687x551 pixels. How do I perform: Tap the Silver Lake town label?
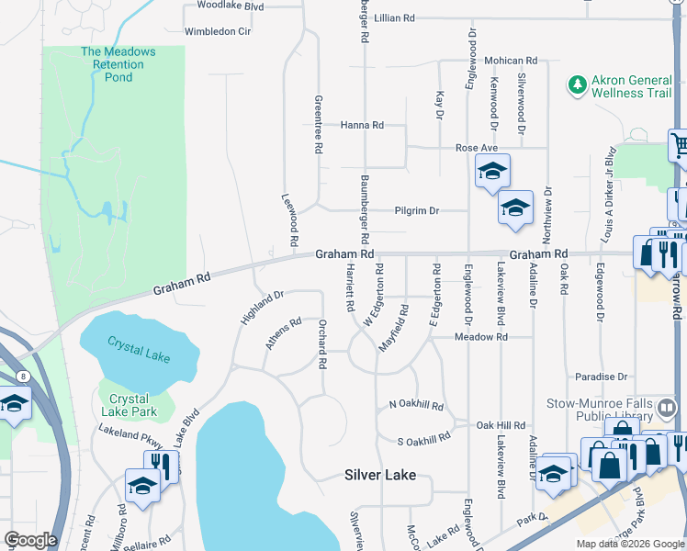[x=380, y=475]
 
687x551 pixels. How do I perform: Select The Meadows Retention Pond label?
[x=118, y=64]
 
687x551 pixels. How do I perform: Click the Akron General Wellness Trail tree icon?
[x=578, y=85]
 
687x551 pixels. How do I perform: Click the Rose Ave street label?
[x=476, y=148]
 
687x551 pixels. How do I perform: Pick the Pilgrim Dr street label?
[x=416, y=210]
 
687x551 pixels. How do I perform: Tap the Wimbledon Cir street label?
[x=218, y=31]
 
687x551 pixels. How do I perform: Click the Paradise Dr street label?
[x=601, y=377]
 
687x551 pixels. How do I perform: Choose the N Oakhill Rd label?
[x=416, y=404]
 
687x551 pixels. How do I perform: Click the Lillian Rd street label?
[x=395, y=17]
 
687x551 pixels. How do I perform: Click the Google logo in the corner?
[x=30, y=539]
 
